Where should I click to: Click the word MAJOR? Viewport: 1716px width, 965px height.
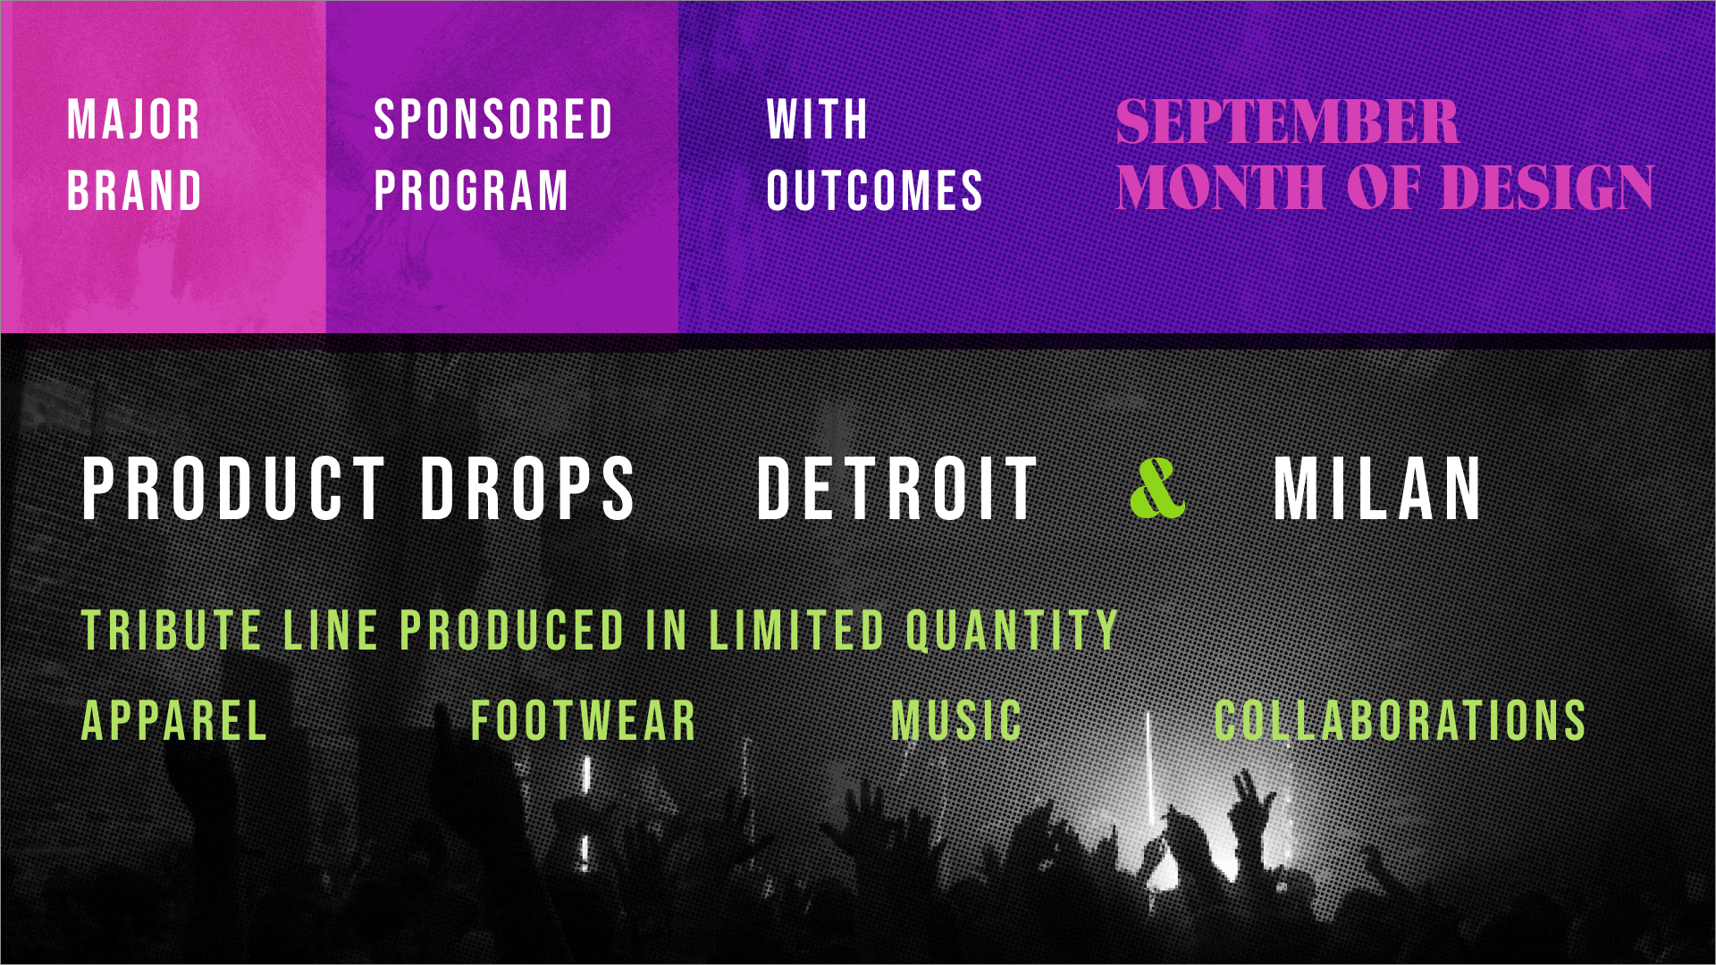click(x=134, y=120)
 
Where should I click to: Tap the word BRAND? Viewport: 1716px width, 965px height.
click(x=135, y=190)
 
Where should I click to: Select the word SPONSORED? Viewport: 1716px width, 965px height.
click(x=493, y=120)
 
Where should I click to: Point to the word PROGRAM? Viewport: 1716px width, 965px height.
click(x=471, y=190)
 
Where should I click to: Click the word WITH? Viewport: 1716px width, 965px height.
click(x=817, y=120)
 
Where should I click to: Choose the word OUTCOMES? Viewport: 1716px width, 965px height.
click(x=875, y=190)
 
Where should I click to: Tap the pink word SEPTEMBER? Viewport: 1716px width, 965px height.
click(x=1288, y=122)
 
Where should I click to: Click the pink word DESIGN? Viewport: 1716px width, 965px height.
click(x=1548, y=188)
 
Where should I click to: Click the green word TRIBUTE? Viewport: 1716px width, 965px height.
click(x=172, y=630)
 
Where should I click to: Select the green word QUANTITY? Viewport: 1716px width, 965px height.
click(x=1012, y=630)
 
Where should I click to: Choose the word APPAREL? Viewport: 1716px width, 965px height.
click(x=174, y=720)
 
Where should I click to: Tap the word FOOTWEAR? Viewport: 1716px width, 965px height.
click(x=584, y=720)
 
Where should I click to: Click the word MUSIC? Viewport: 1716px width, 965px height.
click(x=956, y=720)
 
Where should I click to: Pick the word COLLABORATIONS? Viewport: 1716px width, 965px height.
click(x=1400, y=720)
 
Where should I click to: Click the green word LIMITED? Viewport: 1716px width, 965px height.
click(x=796, y=630)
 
